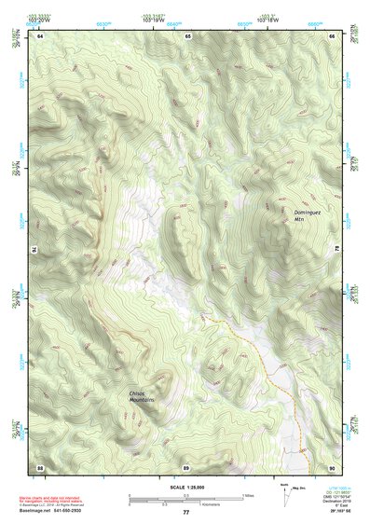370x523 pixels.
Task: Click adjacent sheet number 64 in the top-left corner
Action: [40, 35]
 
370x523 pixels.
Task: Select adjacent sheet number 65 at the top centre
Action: [187, 35]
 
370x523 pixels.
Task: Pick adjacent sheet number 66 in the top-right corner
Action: [333, 35]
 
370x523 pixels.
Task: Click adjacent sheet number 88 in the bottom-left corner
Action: [40, 466]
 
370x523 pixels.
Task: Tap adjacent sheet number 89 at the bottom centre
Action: [186, 466]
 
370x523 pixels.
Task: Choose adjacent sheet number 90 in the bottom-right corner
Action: [333, 466]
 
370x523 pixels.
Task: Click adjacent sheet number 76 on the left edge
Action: [37, 249]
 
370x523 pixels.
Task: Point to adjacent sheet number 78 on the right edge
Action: [336, 249]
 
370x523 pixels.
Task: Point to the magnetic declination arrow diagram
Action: [285, 494]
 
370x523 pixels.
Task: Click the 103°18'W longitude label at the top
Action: [269, 19]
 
